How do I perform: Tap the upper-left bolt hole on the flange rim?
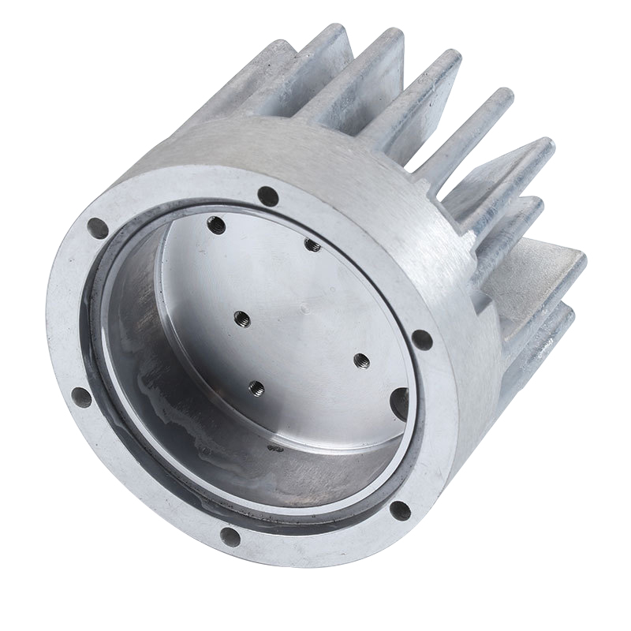point(98,228)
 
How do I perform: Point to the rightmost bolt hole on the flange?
point(422,340)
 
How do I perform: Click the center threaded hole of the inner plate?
point(242,318)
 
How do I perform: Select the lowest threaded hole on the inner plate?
point(256,387)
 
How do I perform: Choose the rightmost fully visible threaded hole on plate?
point(361,360)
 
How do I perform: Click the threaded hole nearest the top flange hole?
point(312,245)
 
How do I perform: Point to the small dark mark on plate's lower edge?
point(275,447)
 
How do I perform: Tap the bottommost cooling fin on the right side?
point(544,339)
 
